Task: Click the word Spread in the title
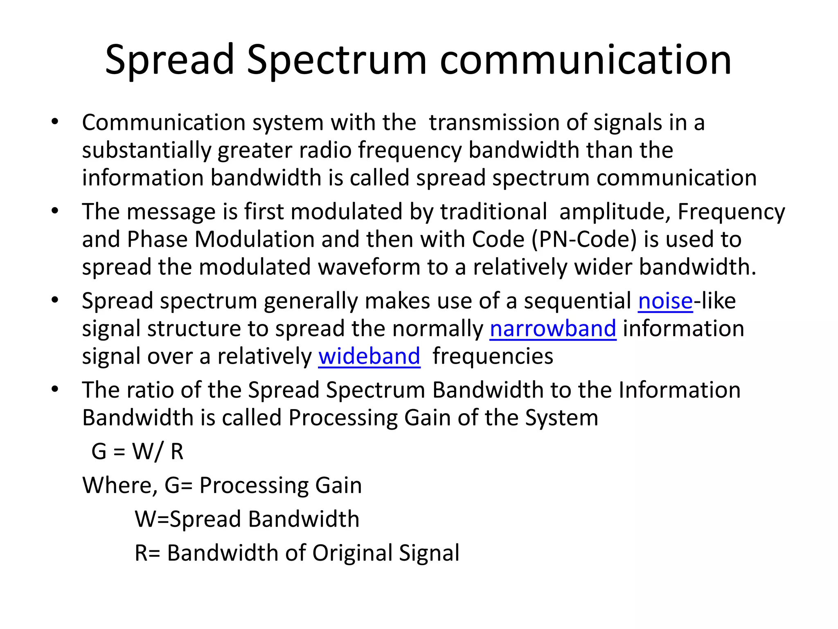169,60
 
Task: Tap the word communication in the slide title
586,60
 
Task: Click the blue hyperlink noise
665,301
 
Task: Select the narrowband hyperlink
553,329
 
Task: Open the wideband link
369,356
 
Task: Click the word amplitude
615,212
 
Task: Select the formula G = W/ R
137,452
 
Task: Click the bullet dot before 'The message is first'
55,211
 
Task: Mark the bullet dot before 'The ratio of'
55,389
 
